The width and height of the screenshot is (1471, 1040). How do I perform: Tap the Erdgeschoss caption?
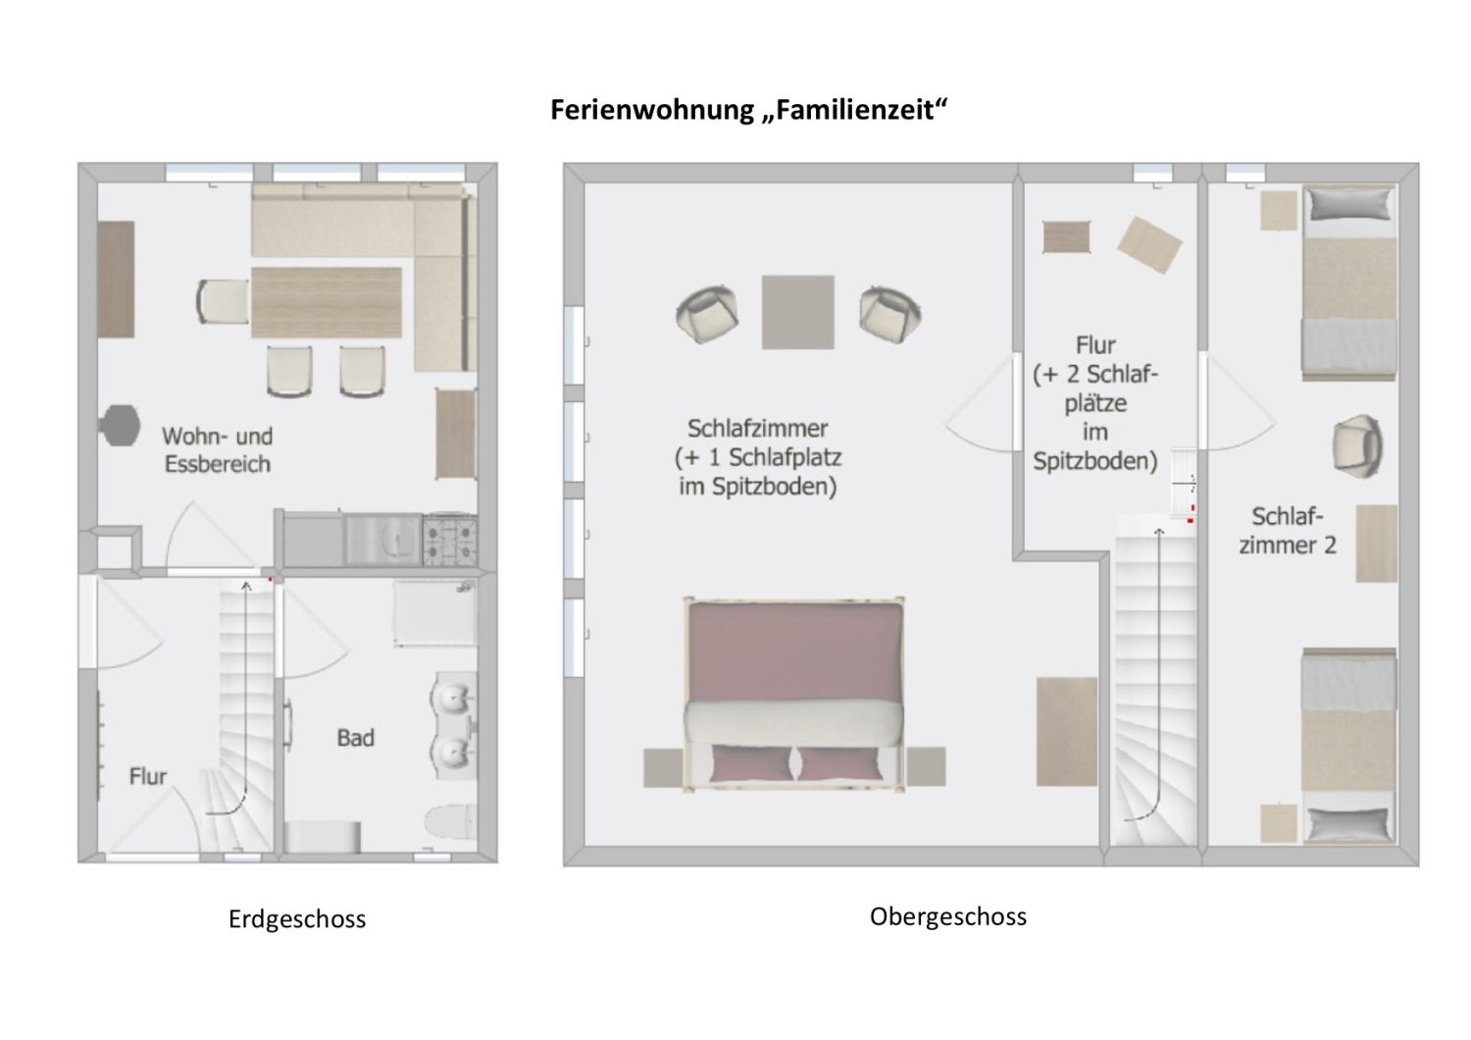tap(297, 919)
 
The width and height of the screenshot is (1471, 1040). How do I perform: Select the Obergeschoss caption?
tap(947, 916)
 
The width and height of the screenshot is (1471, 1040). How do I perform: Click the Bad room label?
tap(355, 738)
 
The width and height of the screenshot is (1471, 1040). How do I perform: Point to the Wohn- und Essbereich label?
tap(217, 449)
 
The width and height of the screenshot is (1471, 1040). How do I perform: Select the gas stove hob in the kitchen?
tap(450, 540)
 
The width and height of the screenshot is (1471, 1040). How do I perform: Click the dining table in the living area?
tap(327, 302)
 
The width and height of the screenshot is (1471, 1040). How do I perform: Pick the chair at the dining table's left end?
tap(223, 301)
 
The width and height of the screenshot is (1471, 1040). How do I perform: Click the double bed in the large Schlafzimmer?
tap(793, 692)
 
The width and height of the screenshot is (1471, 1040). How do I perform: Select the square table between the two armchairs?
tap(798, 312)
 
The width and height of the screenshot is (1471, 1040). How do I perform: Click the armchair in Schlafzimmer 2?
tap(1358, 445)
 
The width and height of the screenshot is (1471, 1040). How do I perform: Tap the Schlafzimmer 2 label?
tap(1288, 531)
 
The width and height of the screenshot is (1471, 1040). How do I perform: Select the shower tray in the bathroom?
tap(435, 612)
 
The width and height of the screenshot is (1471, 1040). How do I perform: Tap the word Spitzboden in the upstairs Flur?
tap(1095, 461)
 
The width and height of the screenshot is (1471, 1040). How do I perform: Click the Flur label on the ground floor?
tap(148, 776)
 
